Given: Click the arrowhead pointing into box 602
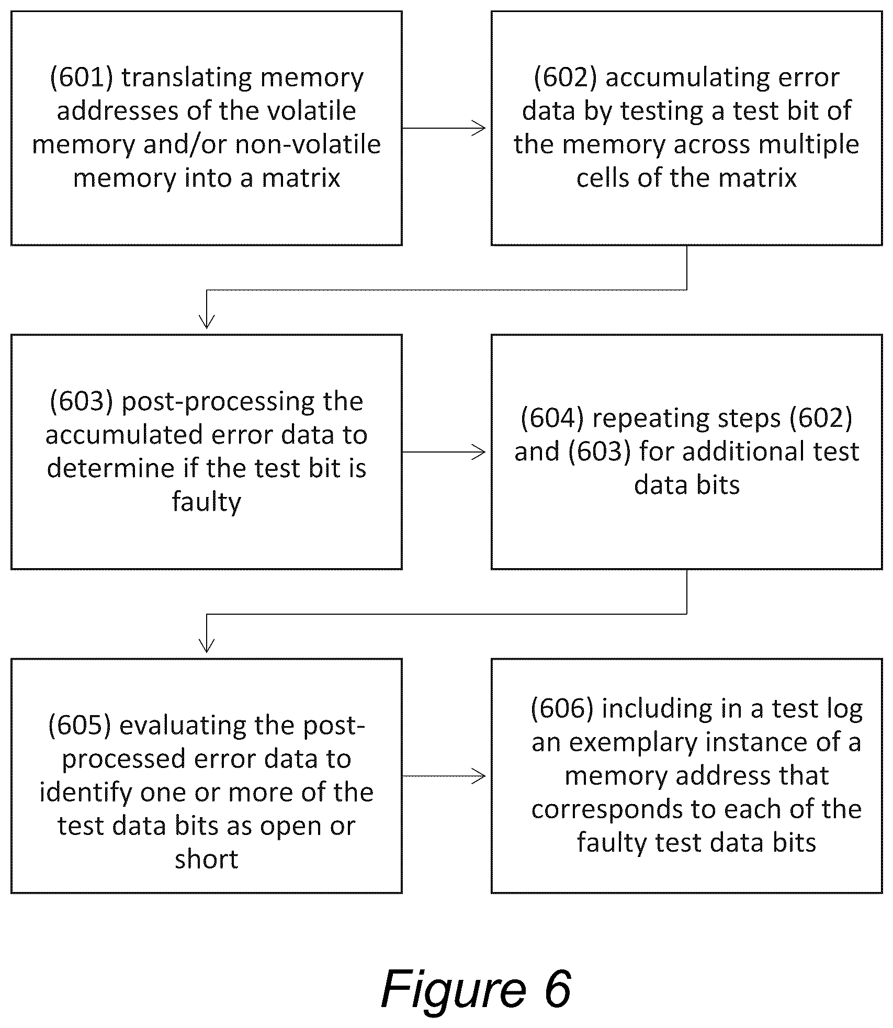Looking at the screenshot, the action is pyautogui.click(x=479, y=128).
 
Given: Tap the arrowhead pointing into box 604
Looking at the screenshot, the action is pyautogui.click(x=479, y=452).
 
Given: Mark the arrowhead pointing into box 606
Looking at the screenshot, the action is pyautogui.click(x=479, y=776).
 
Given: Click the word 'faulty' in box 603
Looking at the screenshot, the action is pyautogui.click(x=207, y=503).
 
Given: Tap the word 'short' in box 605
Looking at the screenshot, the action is pyautogui.click(x=207, y=859).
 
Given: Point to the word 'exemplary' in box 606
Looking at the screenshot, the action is pyautogui.click(x=632, y=743).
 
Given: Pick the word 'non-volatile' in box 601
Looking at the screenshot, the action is pyautogui.click(x=308, y=145).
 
